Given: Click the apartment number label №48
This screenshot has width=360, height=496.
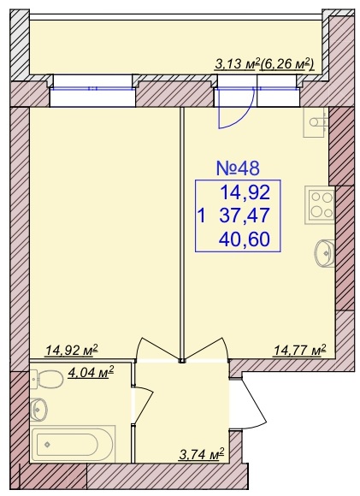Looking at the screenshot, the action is [238, 168].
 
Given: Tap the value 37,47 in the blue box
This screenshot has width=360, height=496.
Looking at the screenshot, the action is [245, 216].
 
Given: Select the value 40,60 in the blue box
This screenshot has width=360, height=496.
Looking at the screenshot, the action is [245, 239].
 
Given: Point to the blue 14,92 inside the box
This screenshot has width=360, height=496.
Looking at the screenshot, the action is [245, 192].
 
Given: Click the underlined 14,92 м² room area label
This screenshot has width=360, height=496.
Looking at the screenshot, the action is [72, 350].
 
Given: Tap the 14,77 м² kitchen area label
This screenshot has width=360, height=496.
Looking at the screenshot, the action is [300, 350].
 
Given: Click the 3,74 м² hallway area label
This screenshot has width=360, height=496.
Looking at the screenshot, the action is [202, 454].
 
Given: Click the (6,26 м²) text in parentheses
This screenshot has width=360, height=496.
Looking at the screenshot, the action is [287, 65].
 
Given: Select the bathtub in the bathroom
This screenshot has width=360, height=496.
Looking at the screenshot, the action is [74, 444].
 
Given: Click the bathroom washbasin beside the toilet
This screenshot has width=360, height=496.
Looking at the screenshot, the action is [39, 410].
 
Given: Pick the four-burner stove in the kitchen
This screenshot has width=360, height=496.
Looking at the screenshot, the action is [319, 204].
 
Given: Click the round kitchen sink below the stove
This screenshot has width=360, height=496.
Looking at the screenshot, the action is [325, 253].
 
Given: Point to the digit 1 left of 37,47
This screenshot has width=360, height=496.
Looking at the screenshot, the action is [202, 216].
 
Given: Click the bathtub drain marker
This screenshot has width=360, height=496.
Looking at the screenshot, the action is [47, 444].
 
